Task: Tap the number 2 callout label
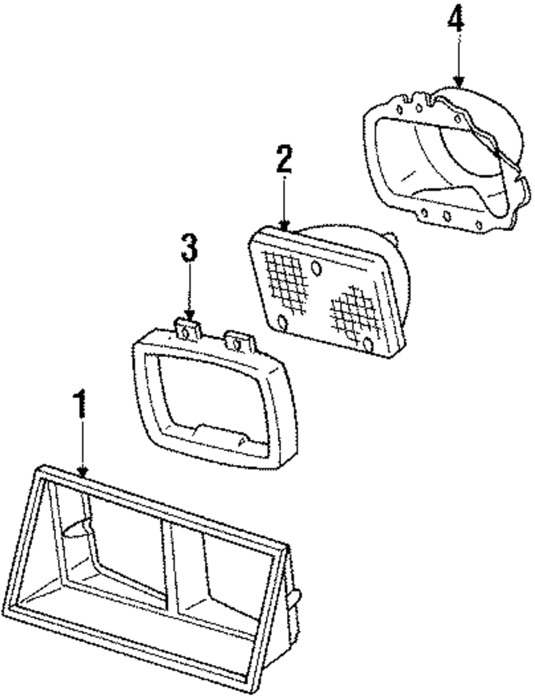click(x=284, y=158)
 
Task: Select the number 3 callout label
click(x=189, y=249)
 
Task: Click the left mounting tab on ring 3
click(x=187, y=329)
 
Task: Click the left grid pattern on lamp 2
click(x=286, y=279)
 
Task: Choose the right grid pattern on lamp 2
click(x=351, y=312)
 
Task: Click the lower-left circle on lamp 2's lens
click(x=282, y=322)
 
